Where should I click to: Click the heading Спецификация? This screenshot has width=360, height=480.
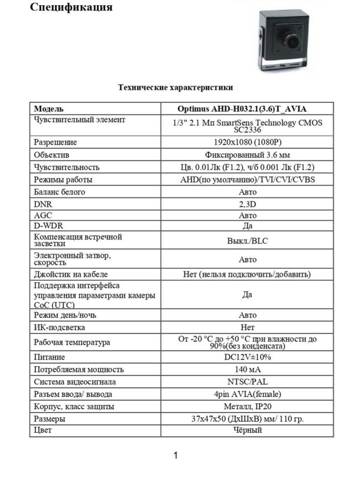point(71,7)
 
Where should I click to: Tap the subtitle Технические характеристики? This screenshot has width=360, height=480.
point(175,87)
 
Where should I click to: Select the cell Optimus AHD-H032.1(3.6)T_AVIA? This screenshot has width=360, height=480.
point(247,109)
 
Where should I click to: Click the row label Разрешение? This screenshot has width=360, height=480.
point(55,142)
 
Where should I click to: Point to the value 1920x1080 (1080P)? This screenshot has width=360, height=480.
point(247,142)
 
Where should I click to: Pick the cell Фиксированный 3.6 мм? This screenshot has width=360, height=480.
point(247,155)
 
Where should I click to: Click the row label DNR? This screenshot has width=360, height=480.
point(43,204)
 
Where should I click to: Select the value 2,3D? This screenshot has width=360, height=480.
point(247,204)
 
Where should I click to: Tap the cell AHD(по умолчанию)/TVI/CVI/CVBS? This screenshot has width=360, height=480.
point(247,179)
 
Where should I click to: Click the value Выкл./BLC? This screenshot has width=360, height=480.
point(247,241)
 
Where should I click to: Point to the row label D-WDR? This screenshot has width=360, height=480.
point(48,225)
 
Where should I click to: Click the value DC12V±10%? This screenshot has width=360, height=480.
point(247,357)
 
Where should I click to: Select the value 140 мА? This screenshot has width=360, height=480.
point(247,369)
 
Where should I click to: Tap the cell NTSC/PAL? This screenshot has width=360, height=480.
point(247,381)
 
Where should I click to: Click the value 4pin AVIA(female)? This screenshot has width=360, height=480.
point(247,394)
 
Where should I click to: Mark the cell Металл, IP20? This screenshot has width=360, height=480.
point(247,406)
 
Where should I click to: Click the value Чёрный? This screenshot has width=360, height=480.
point(247,430)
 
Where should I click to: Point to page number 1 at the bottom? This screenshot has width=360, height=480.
point(175,455)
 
